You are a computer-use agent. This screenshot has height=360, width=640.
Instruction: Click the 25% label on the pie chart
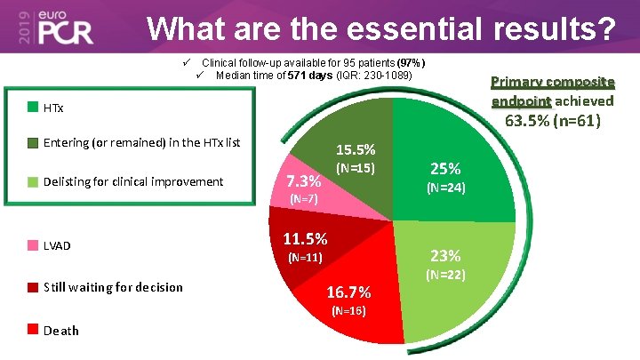click(x=444, y=168)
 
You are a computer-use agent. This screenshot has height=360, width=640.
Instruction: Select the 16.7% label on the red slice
click(x=348, y=292)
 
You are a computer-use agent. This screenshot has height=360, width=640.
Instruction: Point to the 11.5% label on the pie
click(x=305, y=239)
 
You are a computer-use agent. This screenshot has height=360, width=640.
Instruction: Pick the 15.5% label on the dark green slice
click(x=355, y=150)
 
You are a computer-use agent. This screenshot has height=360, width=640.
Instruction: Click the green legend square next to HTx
click(x=33, y=108)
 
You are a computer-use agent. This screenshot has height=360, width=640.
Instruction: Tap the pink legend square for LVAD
click(x=33, y=244)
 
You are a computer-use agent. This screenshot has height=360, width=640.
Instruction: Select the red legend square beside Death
click(x=33, y=330)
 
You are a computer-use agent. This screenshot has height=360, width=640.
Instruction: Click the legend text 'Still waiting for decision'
click(x=113, y=287)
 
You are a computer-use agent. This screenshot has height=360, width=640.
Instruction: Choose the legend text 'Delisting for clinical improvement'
click(x=133, y=181)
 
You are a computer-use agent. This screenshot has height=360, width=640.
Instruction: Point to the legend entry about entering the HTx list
click(x=141, y=142)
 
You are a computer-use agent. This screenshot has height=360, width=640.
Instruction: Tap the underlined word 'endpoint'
click(x=521, y=100)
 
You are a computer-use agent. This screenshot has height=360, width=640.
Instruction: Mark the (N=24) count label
click(x=444, y=188)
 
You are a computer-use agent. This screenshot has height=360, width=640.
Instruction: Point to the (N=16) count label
click(x=348, y=311)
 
